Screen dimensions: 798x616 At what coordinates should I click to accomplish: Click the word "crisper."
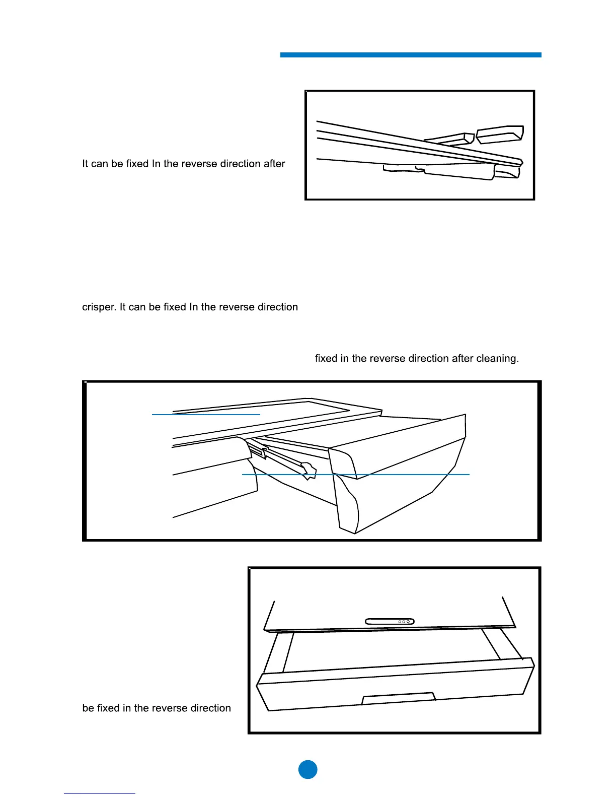(99, 307)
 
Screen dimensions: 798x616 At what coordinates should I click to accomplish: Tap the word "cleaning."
(497, 359)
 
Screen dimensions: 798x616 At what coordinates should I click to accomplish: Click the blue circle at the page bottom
(308, 769)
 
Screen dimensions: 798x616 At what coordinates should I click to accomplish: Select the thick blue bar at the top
(410, 55)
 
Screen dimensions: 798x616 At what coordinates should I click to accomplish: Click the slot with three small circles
(390, 621)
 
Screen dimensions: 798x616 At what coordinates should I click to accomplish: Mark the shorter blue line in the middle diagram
(206, 414)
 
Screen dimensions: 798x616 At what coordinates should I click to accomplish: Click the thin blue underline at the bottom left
(99, 793)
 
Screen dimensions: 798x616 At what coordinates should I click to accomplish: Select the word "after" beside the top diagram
(273, 164)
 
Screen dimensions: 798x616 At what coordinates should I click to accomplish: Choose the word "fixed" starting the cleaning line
(326, 359)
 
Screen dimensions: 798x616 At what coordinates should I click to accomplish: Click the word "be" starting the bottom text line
(88, 708)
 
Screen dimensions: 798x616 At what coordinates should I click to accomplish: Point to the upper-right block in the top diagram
(500, 135)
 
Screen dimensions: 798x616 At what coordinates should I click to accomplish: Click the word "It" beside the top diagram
(85, 164)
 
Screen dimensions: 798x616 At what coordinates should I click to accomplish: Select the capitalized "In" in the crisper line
(193, 307)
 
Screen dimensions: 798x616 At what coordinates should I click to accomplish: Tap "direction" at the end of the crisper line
(278, 307)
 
